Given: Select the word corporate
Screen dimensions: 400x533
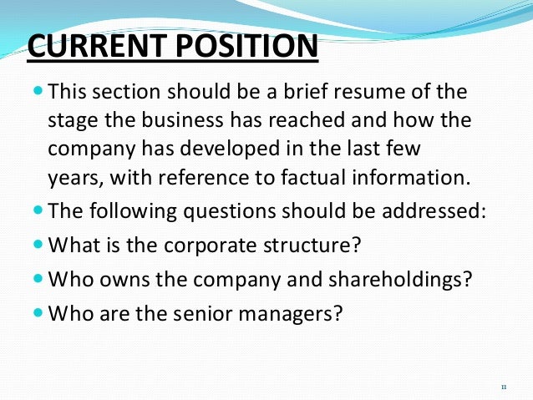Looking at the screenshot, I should point(186,247).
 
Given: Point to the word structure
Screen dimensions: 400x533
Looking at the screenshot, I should point(284,247).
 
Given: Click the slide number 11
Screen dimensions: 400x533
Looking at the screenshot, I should point(503,387).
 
